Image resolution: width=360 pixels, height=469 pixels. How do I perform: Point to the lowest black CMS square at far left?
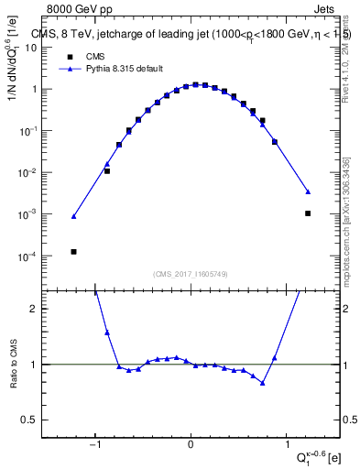[73, 251]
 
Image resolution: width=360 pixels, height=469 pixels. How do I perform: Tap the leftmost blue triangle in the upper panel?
[73, 216]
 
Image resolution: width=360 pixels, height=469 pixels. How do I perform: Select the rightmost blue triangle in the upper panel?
[308, 191]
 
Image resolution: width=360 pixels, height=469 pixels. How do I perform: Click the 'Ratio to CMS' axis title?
[13, 364]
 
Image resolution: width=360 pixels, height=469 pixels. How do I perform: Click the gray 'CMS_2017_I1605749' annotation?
[191, 274]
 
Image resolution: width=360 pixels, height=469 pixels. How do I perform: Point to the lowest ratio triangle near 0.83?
[263, 383]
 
